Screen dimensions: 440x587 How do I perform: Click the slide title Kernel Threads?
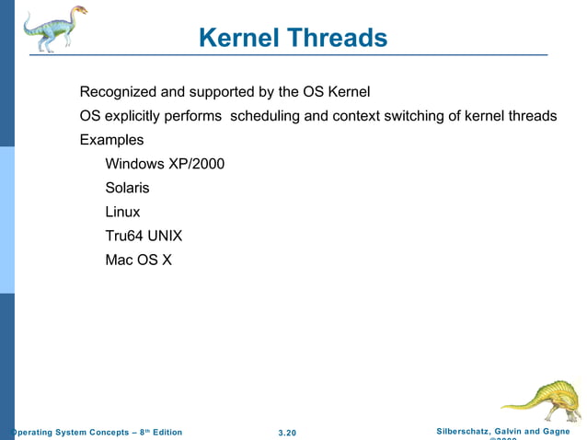click(x=293, y=38)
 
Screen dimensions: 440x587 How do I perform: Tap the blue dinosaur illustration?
click(x=55, y=28)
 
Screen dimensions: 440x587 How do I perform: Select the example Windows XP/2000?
click(x=165, y=164)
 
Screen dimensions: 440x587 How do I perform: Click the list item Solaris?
click(x=127, y=188)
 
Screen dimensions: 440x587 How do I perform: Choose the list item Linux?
click(x=122, y=212)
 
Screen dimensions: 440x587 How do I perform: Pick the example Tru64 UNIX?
click(x=144, y=236)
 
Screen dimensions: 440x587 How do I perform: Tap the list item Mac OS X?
click(x=138, y=260)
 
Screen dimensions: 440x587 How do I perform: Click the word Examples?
click(x=111, y=140)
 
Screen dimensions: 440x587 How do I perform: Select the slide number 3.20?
click(x=287, y=433)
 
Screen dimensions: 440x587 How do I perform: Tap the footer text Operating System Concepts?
click(x=69, y=433)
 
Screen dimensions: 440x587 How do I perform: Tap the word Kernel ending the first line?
click(x=349, y=92)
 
